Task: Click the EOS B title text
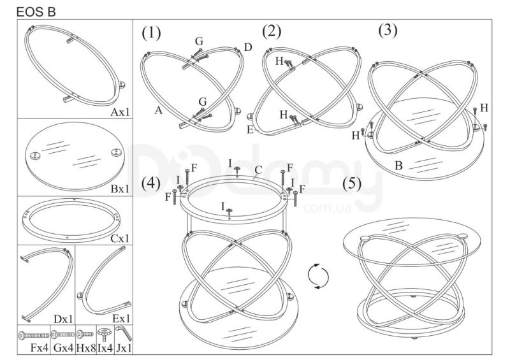(36, 11)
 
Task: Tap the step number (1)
(151, 33)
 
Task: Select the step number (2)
(272, 31)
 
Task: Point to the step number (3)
(388, 30)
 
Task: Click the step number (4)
(150, 184)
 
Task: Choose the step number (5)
(352, 184)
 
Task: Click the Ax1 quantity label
(120, 112)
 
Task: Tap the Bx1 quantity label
(120, 189)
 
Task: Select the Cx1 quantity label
(120, 239)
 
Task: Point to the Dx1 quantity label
(63, 319)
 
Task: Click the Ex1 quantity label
(121, 319)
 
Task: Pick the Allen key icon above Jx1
(124, 333)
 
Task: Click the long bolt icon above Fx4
(34, 335)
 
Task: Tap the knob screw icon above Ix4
(105, 335)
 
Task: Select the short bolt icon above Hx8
(85, 334)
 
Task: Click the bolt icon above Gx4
(63, 335)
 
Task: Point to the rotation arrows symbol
(318, 277)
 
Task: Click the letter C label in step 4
(258, 170)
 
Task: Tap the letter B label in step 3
(398, 166)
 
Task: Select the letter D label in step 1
(248, 48)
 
